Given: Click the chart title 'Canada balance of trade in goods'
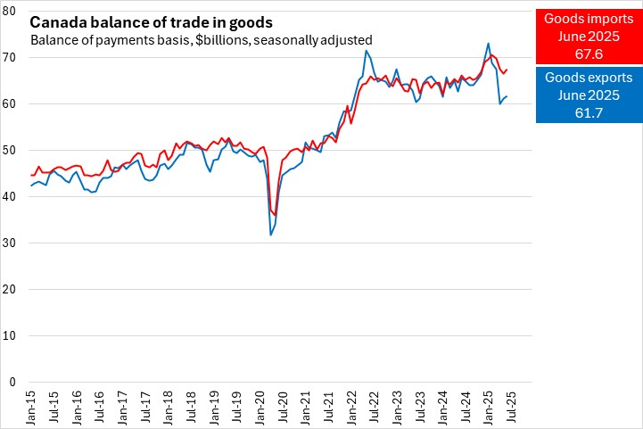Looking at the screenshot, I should [x=152, y=21].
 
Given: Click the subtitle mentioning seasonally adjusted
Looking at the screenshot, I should [x=201, y=40].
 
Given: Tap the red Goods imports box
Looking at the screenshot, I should [x=589, y=36].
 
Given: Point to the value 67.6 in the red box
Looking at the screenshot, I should [x=589, y=54].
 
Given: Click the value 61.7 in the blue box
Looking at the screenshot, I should [x=589, y=112].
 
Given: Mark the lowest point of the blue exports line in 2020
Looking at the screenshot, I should [x=270, y=235].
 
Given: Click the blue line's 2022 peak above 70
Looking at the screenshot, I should [x=366, y=51].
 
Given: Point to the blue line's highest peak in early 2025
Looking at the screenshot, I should [x=488, y=44].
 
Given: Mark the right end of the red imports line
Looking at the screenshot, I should [x=507, y=69].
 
